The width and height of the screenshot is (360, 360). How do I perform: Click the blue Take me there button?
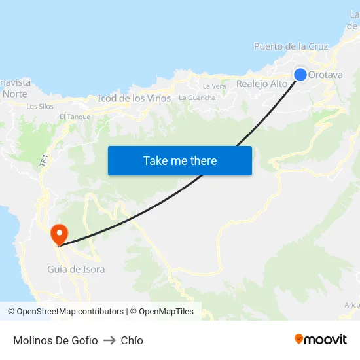(180, 160)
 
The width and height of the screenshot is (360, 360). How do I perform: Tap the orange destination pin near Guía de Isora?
(59, 234)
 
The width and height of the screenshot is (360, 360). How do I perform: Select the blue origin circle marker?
(300, 75)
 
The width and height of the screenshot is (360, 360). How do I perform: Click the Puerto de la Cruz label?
(291, 46)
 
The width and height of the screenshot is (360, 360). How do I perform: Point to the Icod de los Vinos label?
(134, 99)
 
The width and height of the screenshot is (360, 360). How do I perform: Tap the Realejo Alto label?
(262, 84)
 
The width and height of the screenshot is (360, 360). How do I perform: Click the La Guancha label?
(197, 98)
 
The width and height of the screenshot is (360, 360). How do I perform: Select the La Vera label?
(214, 86)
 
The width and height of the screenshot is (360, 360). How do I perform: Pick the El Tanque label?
(75, 117)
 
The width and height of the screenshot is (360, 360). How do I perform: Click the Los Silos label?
(40, 106)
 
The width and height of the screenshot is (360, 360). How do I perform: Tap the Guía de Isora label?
(76, 269)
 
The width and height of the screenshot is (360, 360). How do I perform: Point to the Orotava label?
(325, 75)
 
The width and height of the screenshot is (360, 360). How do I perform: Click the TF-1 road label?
(44, 159)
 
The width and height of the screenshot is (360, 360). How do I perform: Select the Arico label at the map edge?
(351, 305)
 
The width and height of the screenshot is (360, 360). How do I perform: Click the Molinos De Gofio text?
(56, 340)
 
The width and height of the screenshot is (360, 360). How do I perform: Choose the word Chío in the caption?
(132, 340)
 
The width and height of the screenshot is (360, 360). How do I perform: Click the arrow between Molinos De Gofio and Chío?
(109, 340)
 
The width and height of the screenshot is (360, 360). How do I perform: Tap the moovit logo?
(321, 339)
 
